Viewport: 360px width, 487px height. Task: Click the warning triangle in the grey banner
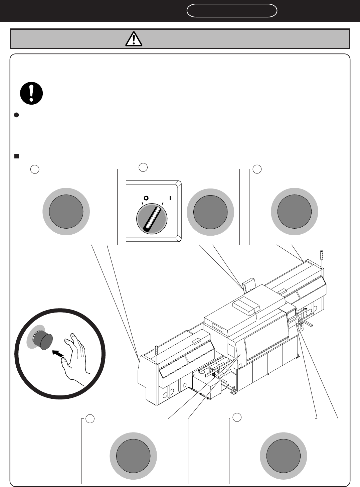tap(134, 39)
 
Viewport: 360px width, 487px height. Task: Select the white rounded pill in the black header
tap(232, 11)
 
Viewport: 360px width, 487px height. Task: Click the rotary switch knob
tap(151, 219)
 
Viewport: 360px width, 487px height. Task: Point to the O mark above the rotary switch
tap(146, 198)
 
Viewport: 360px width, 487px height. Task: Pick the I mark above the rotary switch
tap(170, 198)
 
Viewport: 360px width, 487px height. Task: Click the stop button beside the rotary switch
tap(210, 212)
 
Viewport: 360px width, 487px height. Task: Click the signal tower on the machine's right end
tap(322, 259)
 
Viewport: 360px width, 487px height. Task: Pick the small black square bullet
tap(16, 156)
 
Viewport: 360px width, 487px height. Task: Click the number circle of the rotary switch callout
tap(143, 167)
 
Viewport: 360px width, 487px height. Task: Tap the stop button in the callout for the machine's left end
tap(66, 211)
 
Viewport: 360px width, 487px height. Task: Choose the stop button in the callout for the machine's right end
tap(295, 211)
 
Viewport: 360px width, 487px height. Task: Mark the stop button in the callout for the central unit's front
tap(133, 455)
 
